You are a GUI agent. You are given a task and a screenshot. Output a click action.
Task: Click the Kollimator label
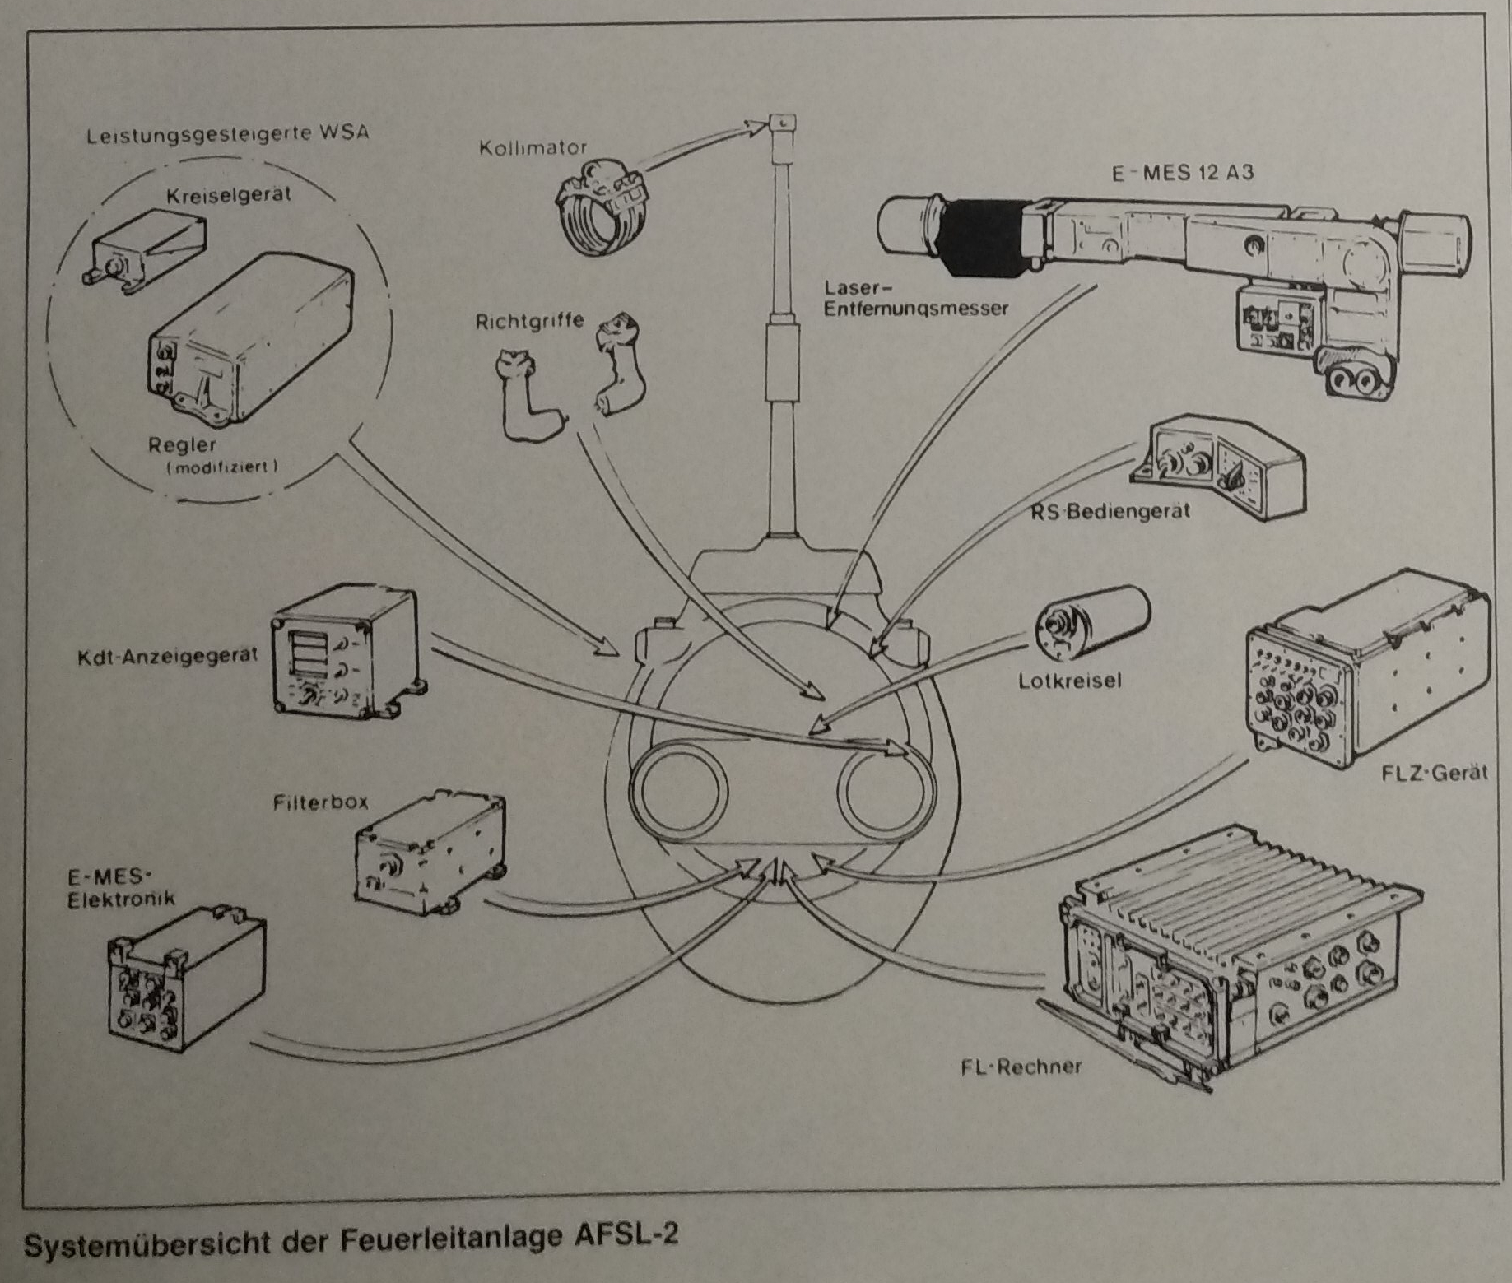point(533,149)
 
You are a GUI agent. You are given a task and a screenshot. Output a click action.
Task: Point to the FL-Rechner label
point(1021,1067)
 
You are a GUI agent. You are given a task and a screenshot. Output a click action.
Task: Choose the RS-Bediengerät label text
point(1110,512)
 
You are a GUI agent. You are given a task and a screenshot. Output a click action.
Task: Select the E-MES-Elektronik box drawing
point(185,980)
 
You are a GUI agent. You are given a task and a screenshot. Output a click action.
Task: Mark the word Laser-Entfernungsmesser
point(916,300)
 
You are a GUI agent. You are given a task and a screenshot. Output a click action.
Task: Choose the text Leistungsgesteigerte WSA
point(226,134)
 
